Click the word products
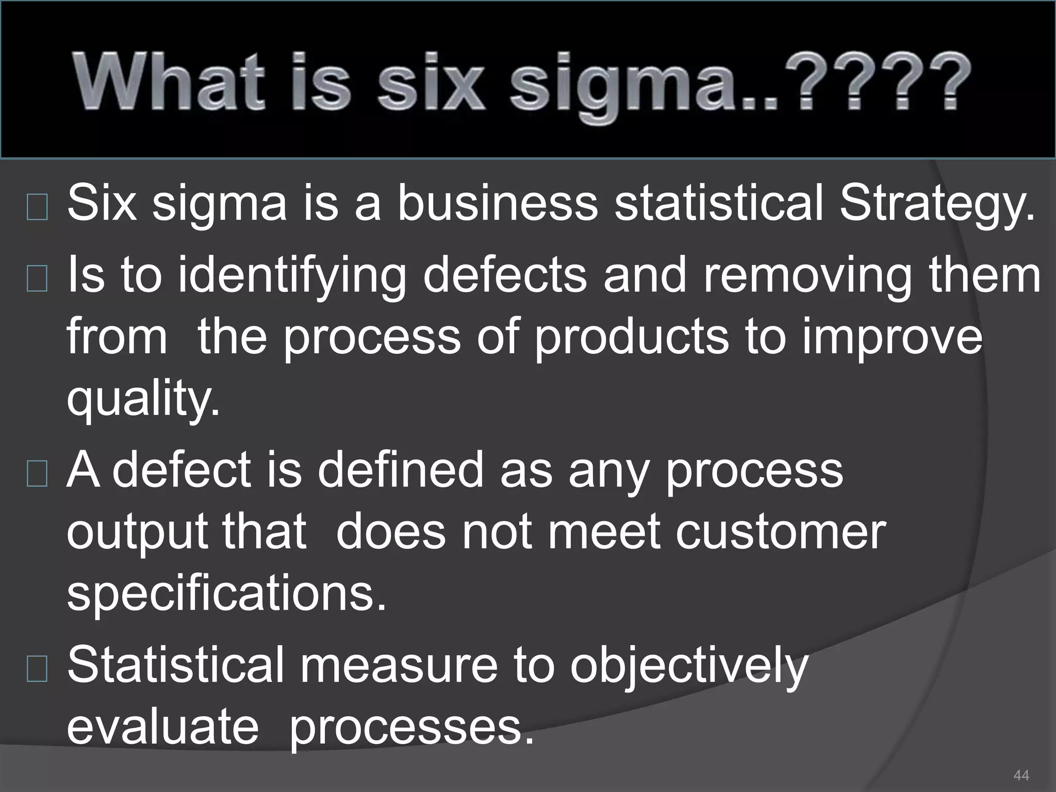631,338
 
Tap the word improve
892,338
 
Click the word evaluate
162,727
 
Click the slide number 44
1021,775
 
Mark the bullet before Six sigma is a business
37,207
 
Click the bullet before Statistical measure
37,669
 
